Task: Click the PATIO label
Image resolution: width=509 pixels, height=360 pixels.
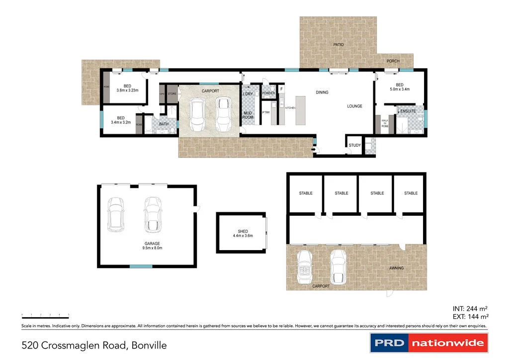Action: click(x=338, y=45)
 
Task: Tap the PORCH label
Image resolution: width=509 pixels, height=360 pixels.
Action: click(x=393, y=62)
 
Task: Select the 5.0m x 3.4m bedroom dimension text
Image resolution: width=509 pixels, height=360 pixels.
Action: click(x=400, y=90)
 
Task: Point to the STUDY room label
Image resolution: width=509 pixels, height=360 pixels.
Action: click(x=354, y=146)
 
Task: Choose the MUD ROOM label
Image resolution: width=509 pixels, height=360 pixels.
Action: click(x=248, y=116)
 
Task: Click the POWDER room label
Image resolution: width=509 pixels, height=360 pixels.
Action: click(x=268, y=93)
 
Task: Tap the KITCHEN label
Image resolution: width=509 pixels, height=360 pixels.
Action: click(x=289, y=108)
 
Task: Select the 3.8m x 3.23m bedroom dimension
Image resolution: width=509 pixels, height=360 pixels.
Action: click(x=127, y=90)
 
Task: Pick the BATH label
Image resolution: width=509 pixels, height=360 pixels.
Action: click(x=164, y=124)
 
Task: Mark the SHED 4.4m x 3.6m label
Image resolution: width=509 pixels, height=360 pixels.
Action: click(x=243, y=234)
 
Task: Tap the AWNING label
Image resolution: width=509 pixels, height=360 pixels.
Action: click(x=396, y=269)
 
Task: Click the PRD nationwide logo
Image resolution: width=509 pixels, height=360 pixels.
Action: click(x=429, y=343)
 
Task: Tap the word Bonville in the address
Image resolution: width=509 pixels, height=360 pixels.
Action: click(x=148, y=345)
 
